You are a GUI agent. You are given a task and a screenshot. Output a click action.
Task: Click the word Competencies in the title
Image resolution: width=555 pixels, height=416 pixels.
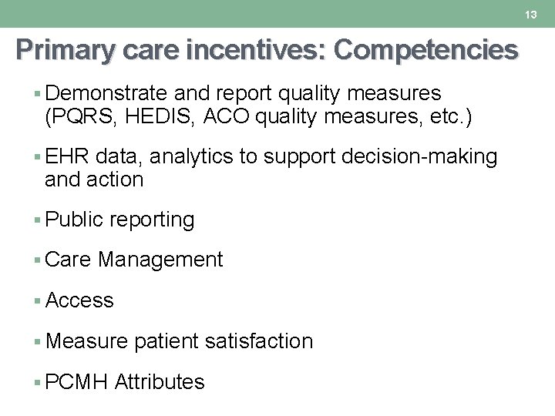pyautogui.click(x=426, y=50)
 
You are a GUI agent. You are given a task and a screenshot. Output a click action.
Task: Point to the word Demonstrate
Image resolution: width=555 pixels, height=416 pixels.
pyautogui.click(x=106, y=94)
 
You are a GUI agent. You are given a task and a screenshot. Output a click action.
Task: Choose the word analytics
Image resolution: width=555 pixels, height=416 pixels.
pyautogui.click(x=191, y=157)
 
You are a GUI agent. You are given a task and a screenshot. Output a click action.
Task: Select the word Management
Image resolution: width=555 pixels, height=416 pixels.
pyautogui.click(x=160, y=260)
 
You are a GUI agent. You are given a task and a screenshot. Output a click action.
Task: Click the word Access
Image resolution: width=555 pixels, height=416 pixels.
pyautogui.click(x=79, y=300)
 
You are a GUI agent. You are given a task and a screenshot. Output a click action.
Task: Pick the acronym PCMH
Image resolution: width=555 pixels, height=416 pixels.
pyautogui.click(x=76, y=382)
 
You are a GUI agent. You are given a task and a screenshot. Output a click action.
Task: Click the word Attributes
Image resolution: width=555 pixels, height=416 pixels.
pyautogui.click(x=160, y=382)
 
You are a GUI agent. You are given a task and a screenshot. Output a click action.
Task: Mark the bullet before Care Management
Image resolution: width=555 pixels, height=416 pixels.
pyautogui.click(x=38, y=260)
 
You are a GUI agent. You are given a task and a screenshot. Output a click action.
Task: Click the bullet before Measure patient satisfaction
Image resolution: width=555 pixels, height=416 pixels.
pyautogui.click(x=38, y=341)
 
